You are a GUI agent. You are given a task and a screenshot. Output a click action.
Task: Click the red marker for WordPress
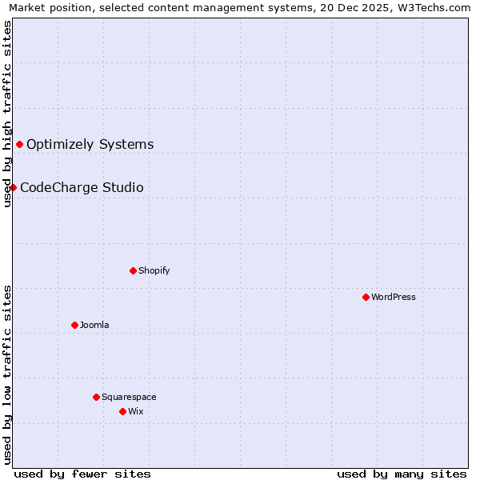366,297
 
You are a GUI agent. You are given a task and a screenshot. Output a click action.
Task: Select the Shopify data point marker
133,270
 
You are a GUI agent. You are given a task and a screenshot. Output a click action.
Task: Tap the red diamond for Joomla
74,325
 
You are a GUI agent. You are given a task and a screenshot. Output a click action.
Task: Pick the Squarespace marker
96,397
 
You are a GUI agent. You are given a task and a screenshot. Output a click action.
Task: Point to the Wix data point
122,411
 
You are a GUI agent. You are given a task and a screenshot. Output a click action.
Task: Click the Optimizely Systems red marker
19,144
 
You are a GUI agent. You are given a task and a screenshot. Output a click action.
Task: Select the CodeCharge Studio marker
13,187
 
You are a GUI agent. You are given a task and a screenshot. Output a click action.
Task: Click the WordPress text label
394,297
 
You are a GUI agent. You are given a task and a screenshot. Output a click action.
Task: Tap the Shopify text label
154,270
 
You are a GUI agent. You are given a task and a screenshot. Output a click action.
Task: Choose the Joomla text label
94,325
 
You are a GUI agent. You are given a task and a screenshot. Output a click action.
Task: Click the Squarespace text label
129,397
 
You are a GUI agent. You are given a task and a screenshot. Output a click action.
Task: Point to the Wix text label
136,411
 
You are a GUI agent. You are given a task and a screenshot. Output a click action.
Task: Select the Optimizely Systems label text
90,145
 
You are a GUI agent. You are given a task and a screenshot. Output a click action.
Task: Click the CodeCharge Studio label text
82,188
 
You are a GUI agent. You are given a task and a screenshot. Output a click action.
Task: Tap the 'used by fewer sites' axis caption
82,474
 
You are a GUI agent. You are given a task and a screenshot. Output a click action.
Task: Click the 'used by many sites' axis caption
402,474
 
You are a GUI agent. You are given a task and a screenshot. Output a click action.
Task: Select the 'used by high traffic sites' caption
7,114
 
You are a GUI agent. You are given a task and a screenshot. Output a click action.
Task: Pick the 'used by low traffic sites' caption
7,374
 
